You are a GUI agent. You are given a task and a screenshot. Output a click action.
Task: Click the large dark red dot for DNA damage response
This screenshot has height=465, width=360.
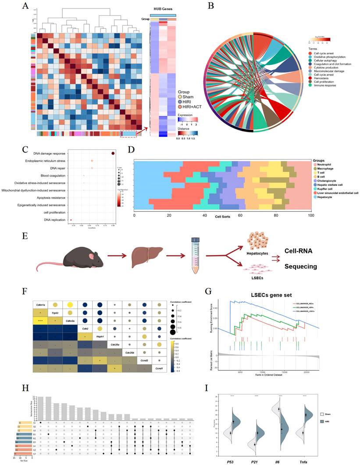click(x=113, y=153)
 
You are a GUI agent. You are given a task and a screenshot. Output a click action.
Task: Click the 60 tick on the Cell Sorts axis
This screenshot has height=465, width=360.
click(x=240, y=216)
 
